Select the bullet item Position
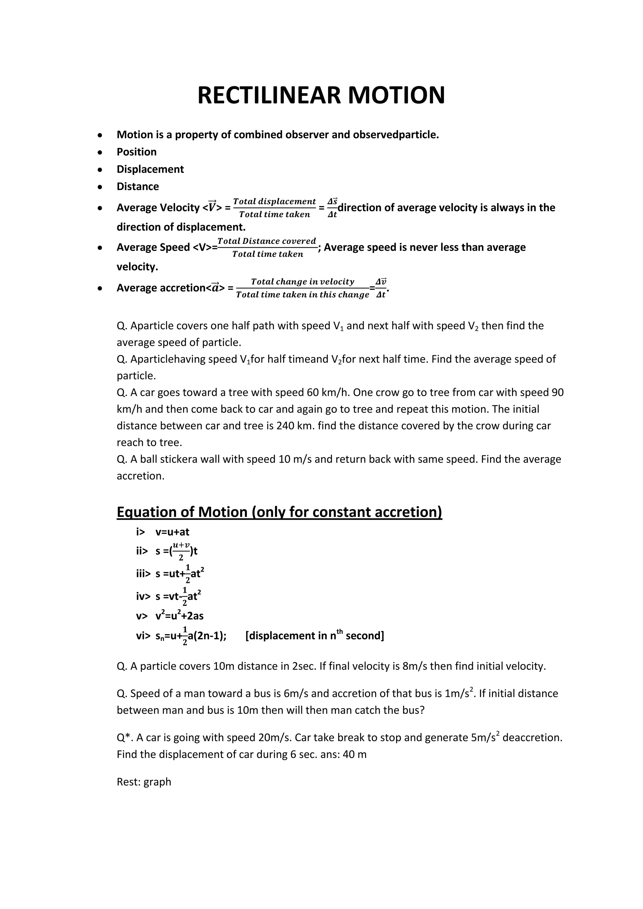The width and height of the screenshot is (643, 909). click(x=137, y=152)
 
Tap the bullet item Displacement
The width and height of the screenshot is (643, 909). click(x=150, y=169)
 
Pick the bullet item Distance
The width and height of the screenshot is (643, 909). click(x=138, y=186)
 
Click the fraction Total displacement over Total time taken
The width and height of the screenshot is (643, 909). click(x=274, y=208)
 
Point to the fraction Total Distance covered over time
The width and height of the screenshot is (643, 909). click(x=267, y=247)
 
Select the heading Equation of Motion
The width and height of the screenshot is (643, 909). click(x=279, y=512)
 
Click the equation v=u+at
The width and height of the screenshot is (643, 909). click(x=172, y=532)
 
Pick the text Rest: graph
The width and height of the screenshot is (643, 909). click(x=144, y=782)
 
